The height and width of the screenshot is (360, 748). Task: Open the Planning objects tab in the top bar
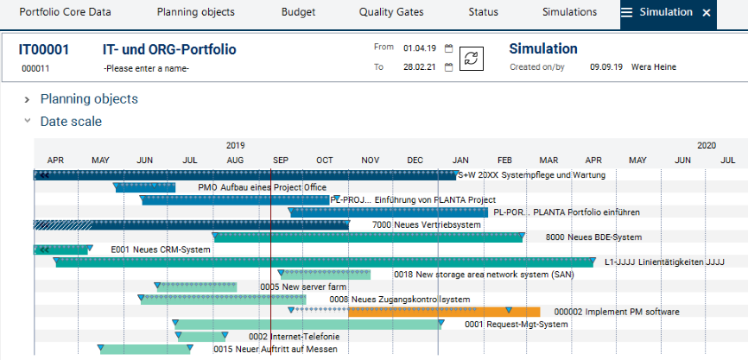195,13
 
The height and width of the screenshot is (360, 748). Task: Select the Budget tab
298,13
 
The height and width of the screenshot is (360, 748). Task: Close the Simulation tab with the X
707,13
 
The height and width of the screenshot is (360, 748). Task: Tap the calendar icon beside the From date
448,48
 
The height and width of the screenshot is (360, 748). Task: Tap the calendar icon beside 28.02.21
448,67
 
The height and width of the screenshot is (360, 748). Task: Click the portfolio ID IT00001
44,49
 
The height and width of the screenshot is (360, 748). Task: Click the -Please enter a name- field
146,68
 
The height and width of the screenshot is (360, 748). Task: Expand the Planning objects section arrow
28,99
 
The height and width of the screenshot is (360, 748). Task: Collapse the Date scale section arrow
28,122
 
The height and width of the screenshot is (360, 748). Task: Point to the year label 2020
707,146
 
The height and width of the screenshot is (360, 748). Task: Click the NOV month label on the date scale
371,161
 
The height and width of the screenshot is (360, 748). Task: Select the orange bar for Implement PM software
444,312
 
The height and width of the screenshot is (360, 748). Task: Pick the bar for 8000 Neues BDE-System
368,237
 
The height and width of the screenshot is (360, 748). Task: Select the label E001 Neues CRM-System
161,249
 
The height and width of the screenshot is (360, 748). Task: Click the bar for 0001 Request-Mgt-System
307,325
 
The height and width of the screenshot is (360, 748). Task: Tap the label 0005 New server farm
302,287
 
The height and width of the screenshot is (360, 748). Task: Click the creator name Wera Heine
654,67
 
